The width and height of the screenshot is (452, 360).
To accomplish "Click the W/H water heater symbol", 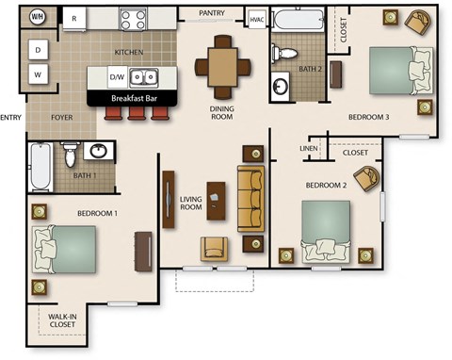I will (x=38, y=17).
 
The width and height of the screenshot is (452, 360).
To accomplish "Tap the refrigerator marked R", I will (x=74, y=18).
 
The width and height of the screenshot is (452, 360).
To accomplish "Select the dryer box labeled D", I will (x=38, y=49).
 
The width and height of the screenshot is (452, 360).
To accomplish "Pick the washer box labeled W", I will (x=38, y=74).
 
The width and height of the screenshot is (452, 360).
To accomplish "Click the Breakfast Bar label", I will (x=133, y=97).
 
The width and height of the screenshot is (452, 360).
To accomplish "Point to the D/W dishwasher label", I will (x=118, y=76).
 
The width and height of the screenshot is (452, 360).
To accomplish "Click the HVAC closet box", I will (x=256, y=18).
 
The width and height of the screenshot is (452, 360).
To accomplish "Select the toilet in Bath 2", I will (x=284, y=52).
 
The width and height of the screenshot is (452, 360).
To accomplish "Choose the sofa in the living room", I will (x=251, y=199).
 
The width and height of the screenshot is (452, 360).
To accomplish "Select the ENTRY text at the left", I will (x=11, y=118).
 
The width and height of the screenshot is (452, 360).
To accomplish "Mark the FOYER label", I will (x=62, y=118).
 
